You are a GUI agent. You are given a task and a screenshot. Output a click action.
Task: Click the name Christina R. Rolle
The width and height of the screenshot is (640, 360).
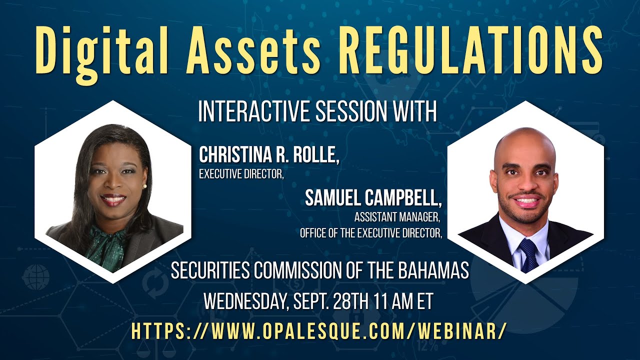pyautogui.click(x=269, y=155)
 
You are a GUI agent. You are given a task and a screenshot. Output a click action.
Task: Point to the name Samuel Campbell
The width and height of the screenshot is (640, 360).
pyautogui.click(x=373, y=198)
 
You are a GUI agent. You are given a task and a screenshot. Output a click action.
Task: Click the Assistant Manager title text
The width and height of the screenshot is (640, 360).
pyautogui.click(x=398, y=218)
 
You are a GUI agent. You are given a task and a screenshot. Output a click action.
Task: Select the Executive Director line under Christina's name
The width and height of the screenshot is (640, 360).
pyautogui.click(x=237, y=175)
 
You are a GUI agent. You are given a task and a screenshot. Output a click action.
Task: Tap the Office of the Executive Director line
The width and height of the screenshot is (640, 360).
pyautogui.click(x=371, y=233)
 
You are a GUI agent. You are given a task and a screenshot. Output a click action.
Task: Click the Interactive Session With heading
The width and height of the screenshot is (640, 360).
pyautogui.click(x=317, y=111)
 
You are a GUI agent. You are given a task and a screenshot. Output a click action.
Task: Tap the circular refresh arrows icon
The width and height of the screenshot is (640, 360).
pyautogui.click(x=155, y=284)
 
